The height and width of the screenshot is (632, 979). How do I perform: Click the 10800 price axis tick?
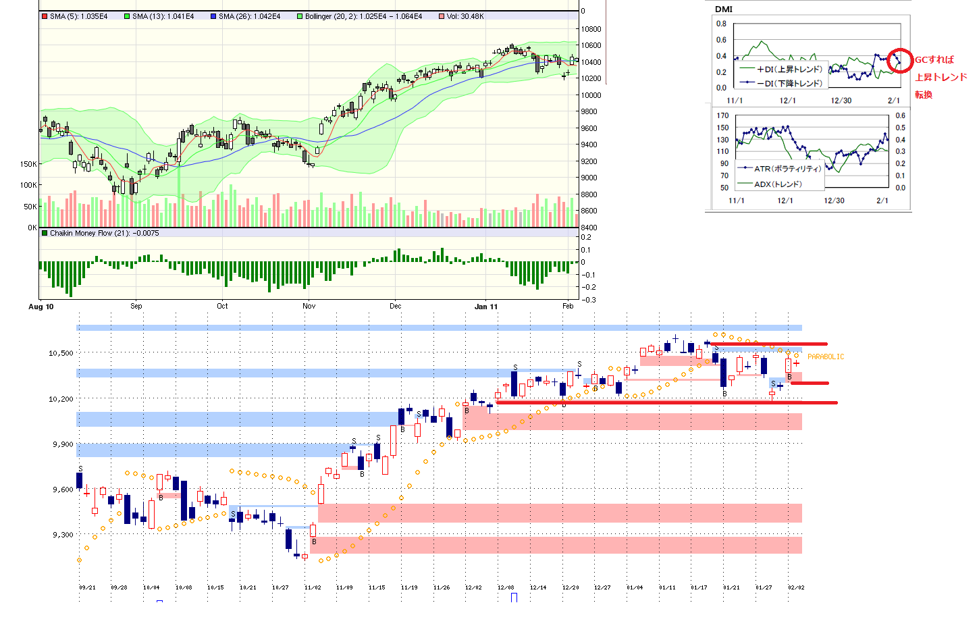pos(591,29)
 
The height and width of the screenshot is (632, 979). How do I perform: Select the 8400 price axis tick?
pos(589,228)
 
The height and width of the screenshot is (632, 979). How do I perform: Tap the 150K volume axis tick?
pos(28,164)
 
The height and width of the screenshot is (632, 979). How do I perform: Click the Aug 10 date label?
pos(41,307)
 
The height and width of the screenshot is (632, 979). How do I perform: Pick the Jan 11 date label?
pos(486,307)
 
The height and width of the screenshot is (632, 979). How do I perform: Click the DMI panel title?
pos(724,9)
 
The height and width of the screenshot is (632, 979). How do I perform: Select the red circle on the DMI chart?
pos(899,61)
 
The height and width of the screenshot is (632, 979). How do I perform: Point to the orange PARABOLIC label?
pos(825,357)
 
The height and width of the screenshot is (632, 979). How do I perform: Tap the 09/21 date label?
pos(87,587)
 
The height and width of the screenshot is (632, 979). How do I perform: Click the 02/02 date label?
pos(796,587)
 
